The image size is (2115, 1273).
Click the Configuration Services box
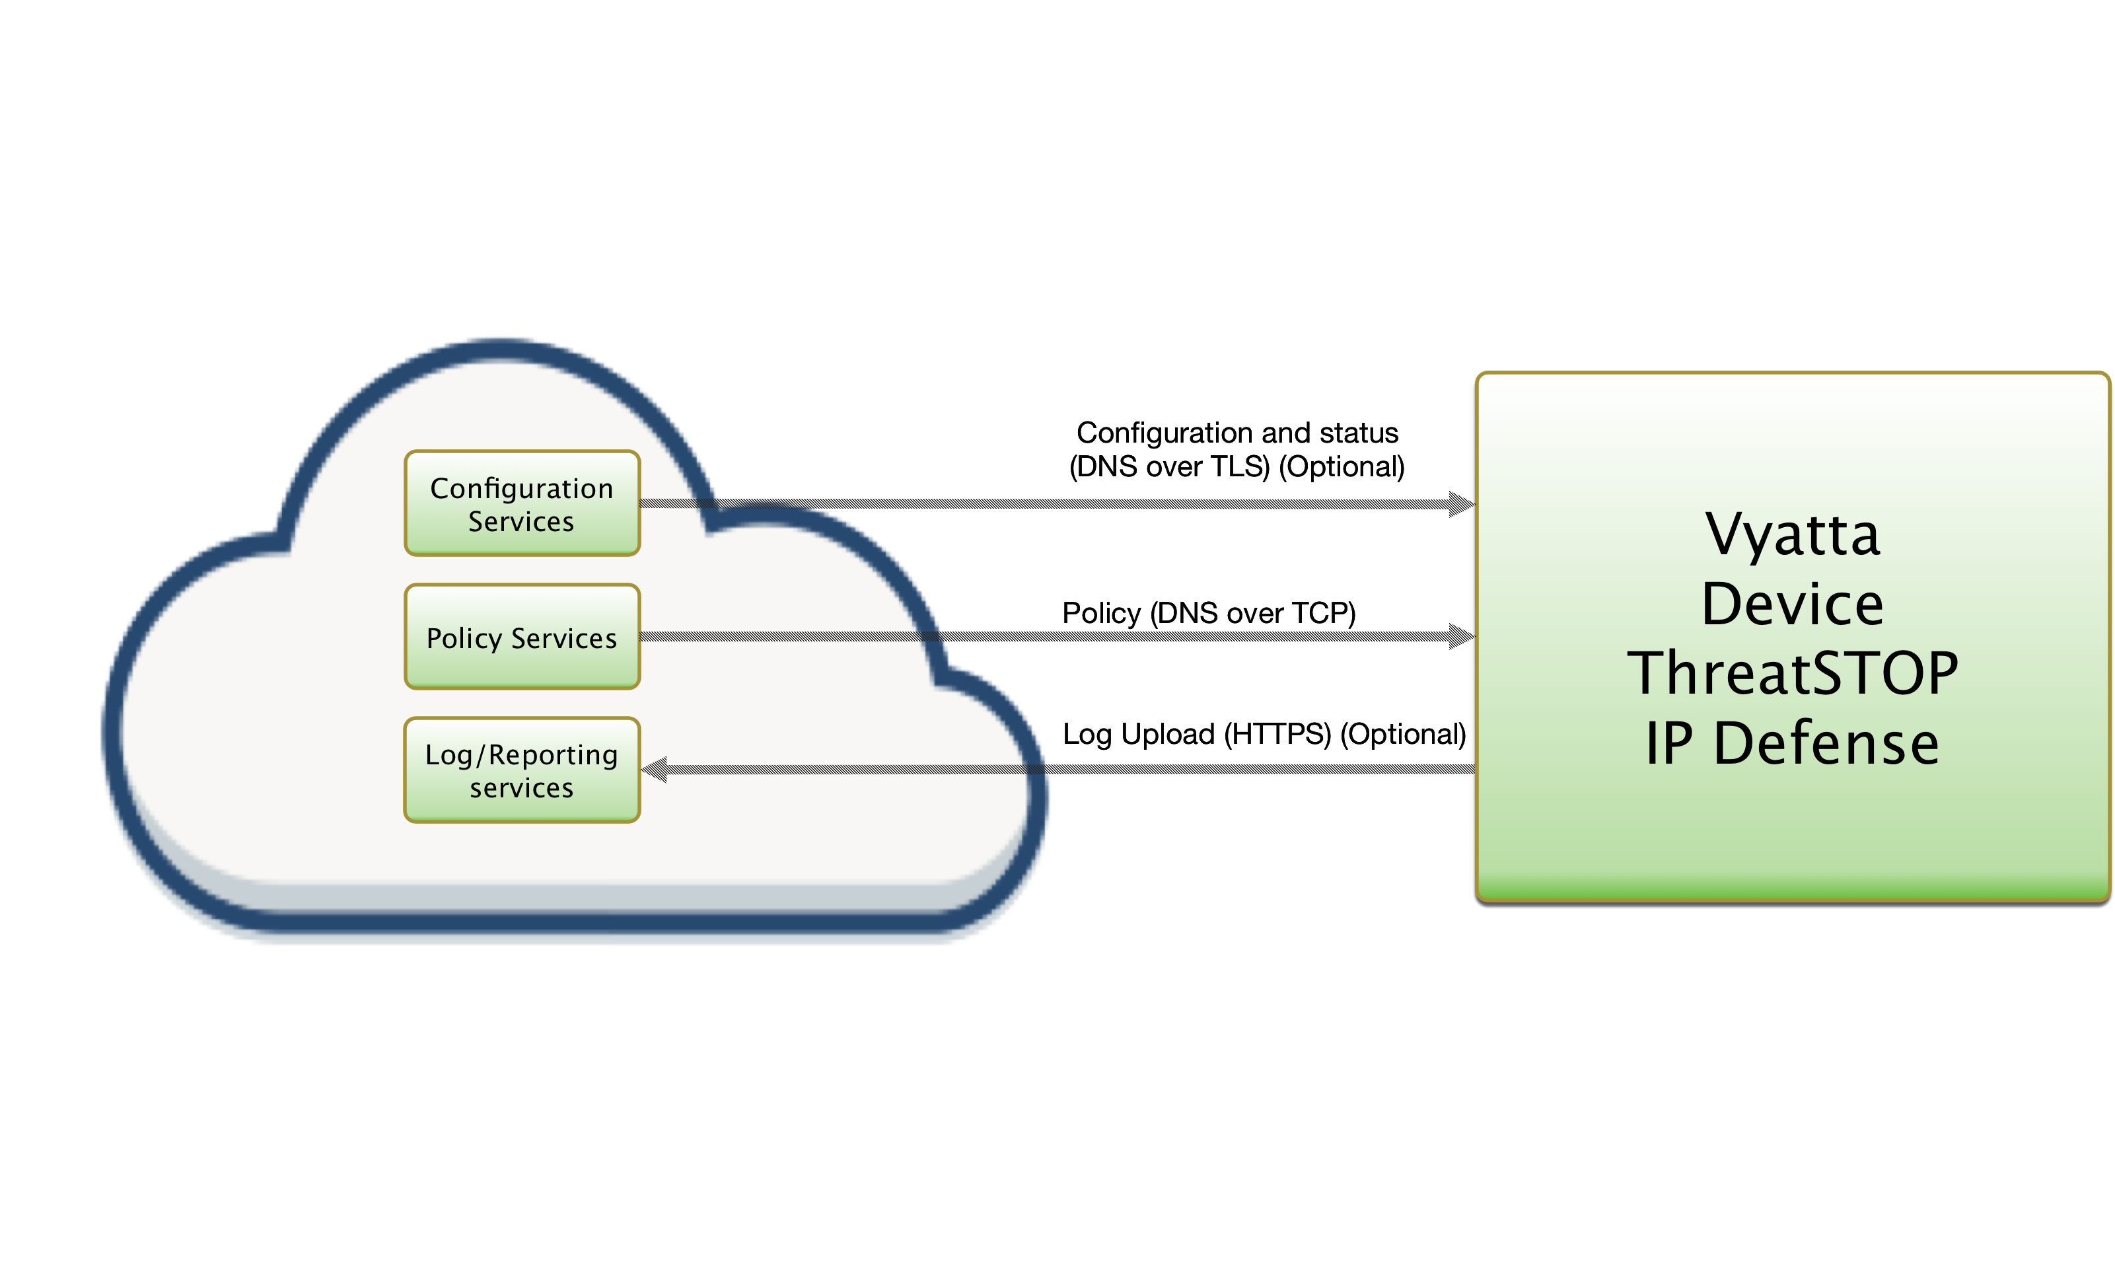click(521, 503)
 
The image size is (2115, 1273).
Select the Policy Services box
click(521, 637)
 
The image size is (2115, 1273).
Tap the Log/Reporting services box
click(521, 770)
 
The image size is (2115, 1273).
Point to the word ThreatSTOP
click(1793, 673)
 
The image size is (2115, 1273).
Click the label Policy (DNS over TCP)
click(1209, 613)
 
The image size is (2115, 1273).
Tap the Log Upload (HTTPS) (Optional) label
click(1264, 735)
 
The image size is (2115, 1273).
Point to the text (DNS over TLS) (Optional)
click(1237, 466)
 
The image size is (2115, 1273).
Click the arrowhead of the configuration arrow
click(1462, 503)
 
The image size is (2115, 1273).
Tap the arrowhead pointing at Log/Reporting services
click(655, 770)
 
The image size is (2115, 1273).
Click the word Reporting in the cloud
click(554, 755)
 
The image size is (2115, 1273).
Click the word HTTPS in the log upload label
click(1277, 735)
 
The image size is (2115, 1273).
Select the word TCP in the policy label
click(1324, 613)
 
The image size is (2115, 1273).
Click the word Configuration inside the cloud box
click(521, 488)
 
